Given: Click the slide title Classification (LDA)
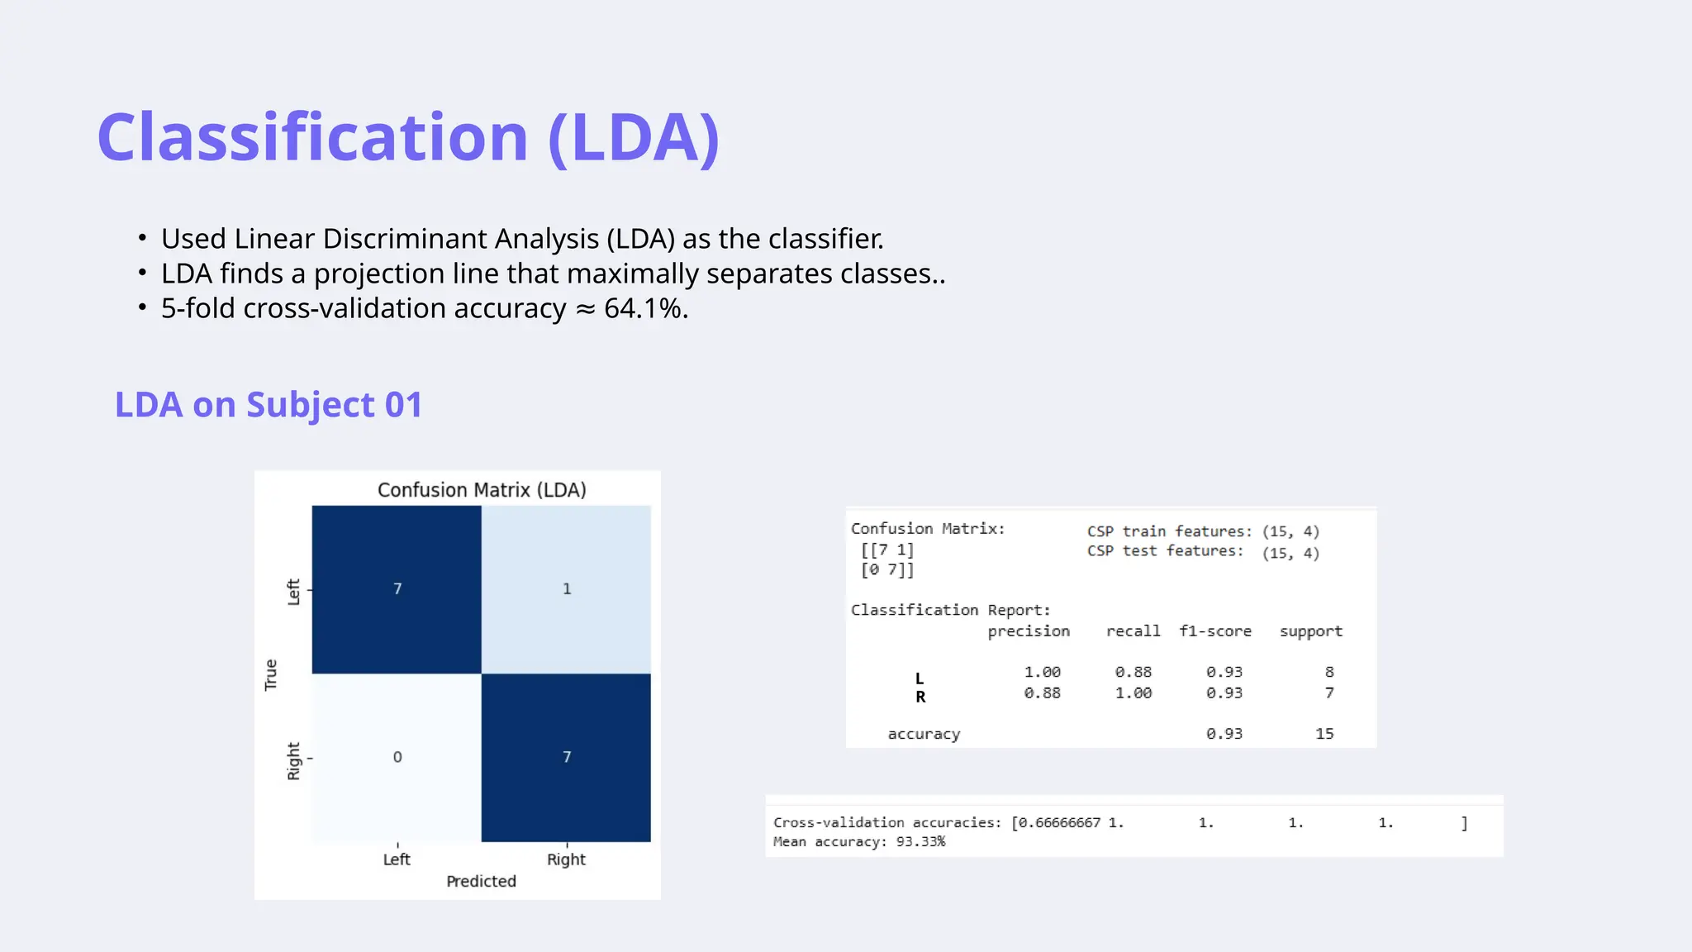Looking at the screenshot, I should click(x=408, y=137).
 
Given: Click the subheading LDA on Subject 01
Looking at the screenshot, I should click(x=269, y=405).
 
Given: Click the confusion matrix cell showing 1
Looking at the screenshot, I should click(x=566, y=589).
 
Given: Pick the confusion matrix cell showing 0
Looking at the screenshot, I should click(x=397, y=757).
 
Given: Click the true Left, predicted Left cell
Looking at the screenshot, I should click(x=397, y=589).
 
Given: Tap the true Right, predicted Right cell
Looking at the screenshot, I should click(x=566, y=757).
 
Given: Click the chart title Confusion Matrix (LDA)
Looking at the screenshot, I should click(x=482, y=490).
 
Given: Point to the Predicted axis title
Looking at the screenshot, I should click(x=481, y=882).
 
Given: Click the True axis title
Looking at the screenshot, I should click(x=271, y=674).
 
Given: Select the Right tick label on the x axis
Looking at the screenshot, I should click(x=566, y=859).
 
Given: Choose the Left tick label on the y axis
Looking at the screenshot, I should click(x=293, y=592).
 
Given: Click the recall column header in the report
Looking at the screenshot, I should click(x=1133, y=631).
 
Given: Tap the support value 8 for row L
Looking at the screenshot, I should click(x=1328, y=672).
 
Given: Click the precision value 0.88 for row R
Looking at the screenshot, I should click(x=1042, y=693).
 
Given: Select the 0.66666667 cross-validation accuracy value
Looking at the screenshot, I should click(x=1059, y=823).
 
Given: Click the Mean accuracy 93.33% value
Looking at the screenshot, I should click(x=920, y=842).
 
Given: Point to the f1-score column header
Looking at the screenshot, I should click(x=1214, y=631).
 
